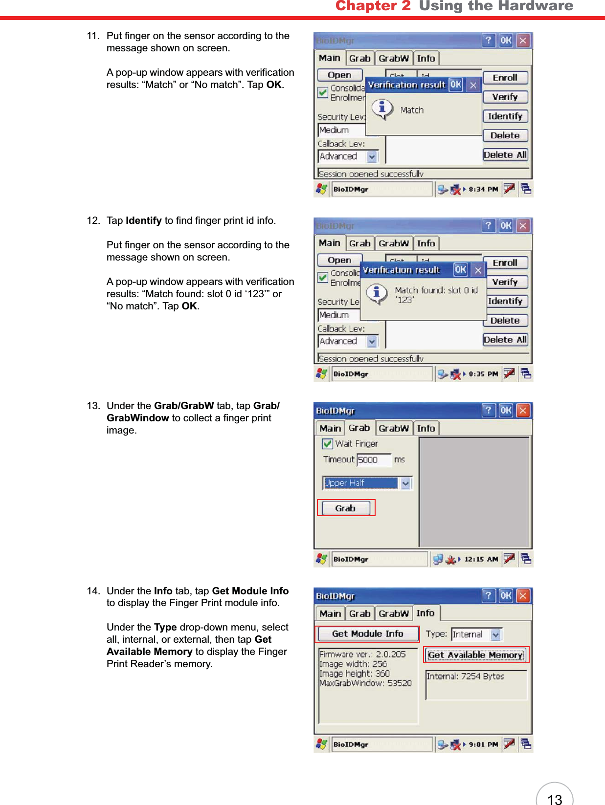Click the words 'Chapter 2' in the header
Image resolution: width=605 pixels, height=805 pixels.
click(x=373, y=6)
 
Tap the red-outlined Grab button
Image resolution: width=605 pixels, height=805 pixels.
click(x=345, y=508)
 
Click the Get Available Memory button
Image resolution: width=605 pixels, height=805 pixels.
click(x=476, y=655)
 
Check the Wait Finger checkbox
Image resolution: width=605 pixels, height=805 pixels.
click(x=328, y=444)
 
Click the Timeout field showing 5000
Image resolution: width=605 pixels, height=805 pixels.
click(x=374, y=460)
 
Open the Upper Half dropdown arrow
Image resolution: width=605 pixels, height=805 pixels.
click(x=405, y=483)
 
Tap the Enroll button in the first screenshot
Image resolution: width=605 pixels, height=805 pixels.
click(x=505, y=78)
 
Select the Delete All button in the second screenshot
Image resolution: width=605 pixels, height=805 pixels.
click(x=505, y=340)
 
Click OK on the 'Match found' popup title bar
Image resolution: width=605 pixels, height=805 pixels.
click(x=460, y=270)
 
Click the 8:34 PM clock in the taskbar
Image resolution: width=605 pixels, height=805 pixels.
click(x=483, y=189)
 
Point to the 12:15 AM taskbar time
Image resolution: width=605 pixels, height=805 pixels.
click(x=481, y=559)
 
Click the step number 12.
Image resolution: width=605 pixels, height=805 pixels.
click(x=93, y=221)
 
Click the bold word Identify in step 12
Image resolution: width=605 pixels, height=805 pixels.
click(x=143, y=221)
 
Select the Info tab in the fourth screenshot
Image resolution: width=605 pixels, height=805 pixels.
click(x=426, y=613)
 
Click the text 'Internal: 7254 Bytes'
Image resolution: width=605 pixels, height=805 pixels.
click(x=465, y=676)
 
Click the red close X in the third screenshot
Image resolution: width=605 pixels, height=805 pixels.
click(x=523, y=411)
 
